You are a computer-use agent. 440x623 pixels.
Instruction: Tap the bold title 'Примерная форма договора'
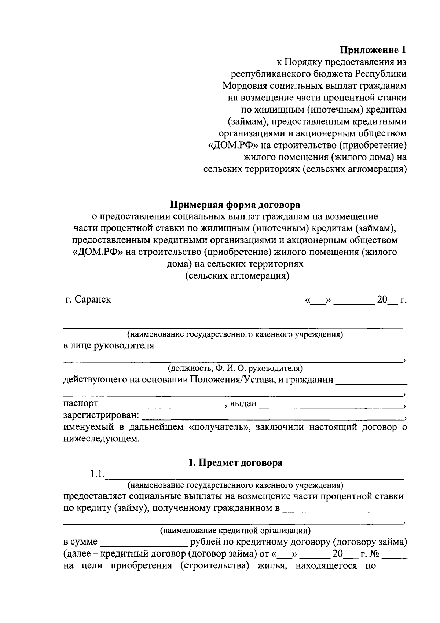(235, 204)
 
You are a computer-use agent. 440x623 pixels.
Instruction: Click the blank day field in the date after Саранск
(318, 300)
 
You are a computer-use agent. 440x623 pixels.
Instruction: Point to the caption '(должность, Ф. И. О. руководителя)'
(235, 368)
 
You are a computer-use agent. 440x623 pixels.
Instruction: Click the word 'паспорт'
(81, 403)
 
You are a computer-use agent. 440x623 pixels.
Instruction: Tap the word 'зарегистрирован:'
(101, 415)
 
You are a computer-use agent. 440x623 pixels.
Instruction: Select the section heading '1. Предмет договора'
(235, 462)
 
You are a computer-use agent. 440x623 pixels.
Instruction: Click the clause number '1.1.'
(97, 474)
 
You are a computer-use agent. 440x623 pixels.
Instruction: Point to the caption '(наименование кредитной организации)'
(235, 530)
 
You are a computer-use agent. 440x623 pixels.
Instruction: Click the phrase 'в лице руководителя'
(109, 345)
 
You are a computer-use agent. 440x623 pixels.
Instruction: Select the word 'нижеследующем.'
(102, 439)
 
